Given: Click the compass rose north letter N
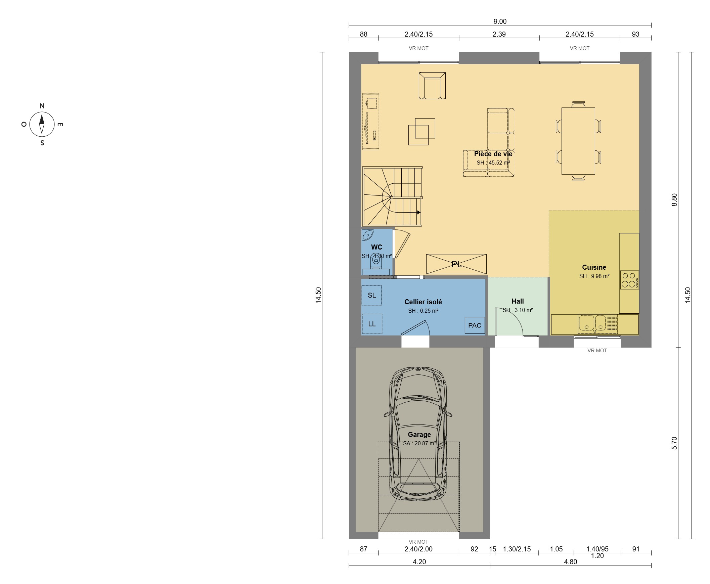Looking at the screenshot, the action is point(42,106).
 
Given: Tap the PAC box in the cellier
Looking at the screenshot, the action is point(475,325).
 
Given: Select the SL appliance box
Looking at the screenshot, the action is point(372,296).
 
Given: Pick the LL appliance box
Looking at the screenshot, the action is point(372,324).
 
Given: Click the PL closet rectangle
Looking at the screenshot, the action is point(456,264).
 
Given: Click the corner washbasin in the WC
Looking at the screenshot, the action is point(367,235).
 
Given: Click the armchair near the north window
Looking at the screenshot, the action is point(432,86).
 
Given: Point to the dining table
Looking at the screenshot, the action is point(578,141).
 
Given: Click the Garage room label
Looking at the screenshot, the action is point(419,435).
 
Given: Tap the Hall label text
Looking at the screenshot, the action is point(518,302).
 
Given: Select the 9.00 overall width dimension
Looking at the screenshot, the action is point(500,21).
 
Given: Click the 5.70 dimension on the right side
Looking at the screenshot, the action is point(674,443).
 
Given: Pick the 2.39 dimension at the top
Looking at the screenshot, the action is point(499,34).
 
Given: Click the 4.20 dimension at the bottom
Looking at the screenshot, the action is point(419,562).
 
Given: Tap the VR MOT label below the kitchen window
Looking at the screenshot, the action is point(597,351).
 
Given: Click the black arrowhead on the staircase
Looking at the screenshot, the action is point(419,212).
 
